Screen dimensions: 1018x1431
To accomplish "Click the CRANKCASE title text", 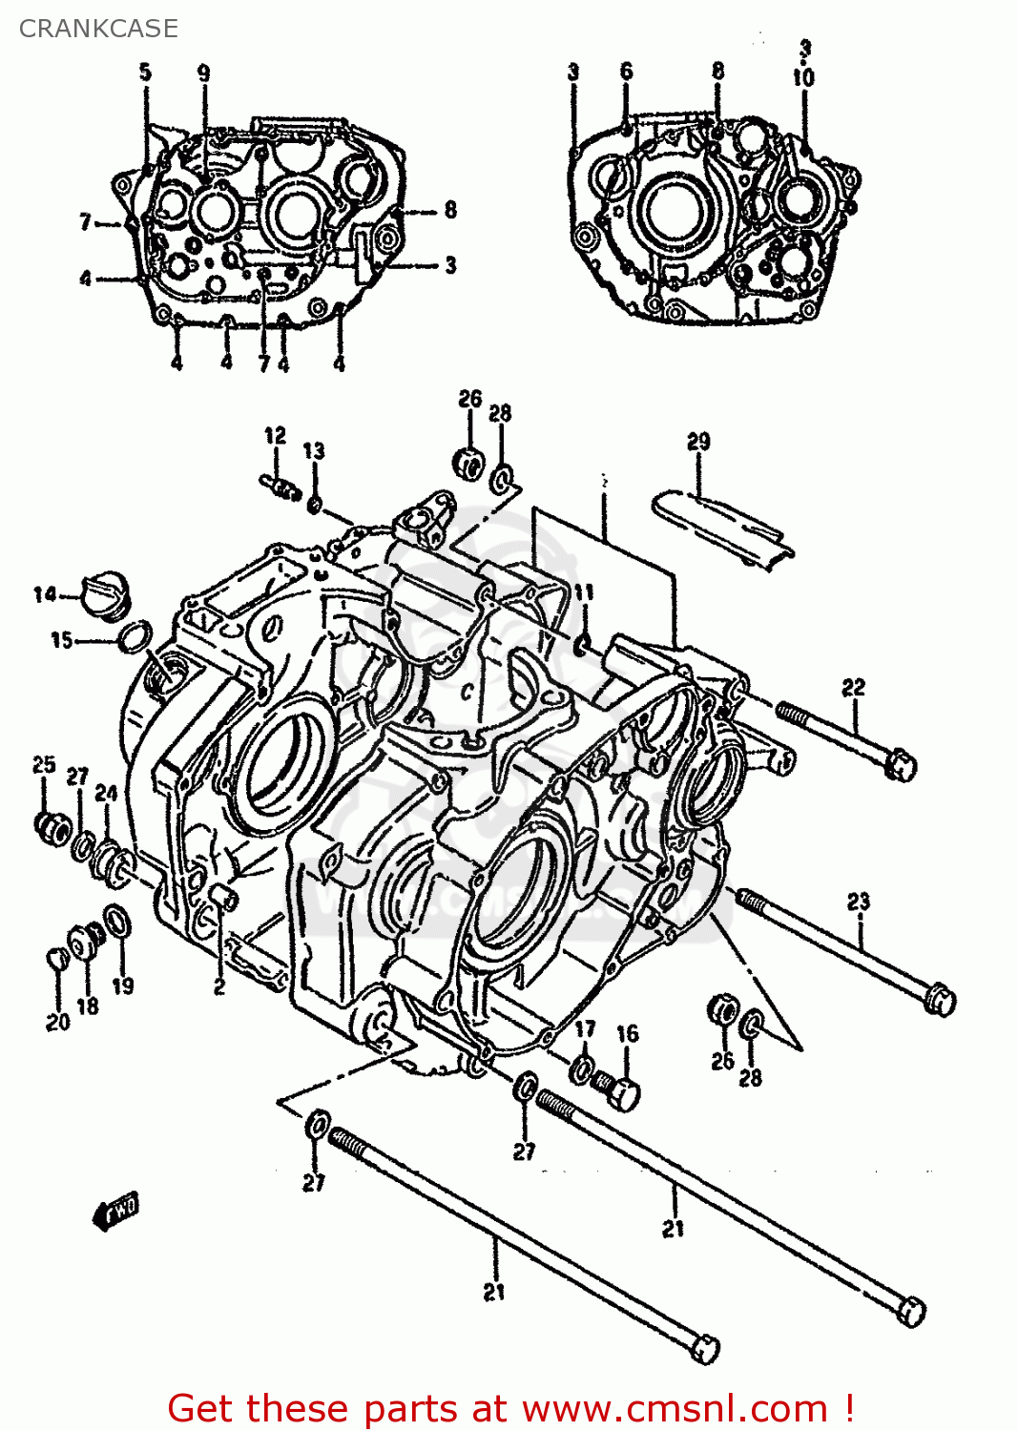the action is (98, 29).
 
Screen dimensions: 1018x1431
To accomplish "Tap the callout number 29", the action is (698, 442).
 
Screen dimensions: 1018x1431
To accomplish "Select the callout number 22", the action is (853, 688).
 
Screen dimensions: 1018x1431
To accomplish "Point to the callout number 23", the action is (859, 902).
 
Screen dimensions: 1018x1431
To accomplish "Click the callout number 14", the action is (45, 595).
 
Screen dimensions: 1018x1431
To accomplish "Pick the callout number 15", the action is (62, 640).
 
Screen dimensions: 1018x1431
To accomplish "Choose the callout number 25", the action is (44, 765).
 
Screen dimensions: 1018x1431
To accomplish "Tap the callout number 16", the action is (627, 1034).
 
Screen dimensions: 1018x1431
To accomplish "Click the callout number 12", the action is (275, 436).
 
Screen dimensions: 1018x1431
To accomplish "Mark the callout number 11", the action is (583, 592).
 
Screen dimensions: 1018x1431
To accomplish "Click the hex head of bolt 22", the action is (900, 765).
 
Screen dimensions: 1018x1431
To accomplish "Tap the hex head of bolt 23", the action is (941, 999).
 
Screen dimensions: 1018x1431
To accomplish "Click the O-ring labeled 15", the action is (135, 636).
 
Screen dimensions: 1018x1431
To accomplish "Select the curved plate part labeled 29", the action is (723, 527).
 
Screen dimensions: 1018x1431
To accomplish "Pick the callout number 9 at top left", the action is (203, 73).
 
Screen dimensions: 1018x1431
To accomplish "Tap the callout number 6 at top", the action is (626, 72).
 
